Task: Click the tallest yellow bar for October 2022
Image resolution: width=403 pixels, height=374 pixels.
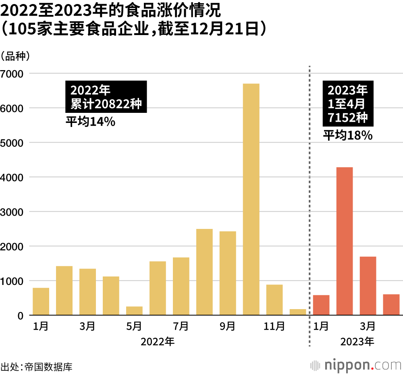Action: [251, 199]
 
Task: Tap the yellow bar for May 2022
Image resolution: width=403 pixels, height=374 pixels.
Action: [134, 311]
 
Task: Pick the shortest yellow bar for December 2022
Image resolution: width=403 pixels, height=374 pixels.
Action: [298, 312]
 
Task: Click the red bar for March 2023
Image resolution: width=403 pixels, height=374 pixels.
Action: [368, 286]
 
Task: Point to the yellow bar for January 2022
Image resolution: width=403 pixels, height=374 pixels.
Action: [41, 301]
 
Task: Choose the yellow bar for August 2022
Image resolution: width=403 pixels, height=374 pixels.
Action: [204, 272]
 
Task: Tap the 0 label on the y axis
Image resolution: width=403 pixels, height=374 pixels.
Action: [20, 316]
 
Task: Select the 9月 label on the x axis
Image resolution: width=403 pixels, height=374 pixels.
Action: [228, 326]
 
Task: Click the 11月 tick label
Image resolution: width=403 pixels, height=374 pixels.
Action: [274, 326]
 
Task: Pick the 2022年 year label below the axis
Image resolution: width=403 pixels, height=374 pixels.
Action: [158, 342]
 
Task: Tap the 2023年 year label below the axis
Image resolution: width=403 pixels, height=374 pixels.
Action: [357, 342]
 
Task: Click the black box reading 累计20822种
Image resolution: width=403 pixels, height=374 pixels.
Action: [106, 97]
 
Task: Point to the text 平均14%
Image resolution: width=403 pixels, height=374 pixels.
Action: [91, 121]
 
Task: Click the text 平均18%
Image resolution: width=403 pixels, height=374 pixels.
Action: [347, 136]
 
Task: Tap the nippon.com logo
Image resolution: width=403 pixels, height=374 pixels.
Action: [356, 365]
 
